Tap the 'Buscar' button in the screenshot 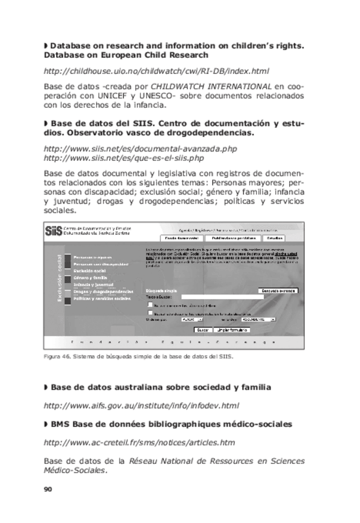coord(203,330)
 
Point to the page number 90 coord(48,489)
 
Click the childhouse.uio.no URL coord(157,71)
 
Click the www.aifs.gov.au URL coord(141,406)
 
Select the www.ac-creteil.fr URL coord(139,442)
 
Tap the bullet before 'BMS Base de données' coord(46,424)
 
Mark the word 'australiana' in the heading coord(130,387)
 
